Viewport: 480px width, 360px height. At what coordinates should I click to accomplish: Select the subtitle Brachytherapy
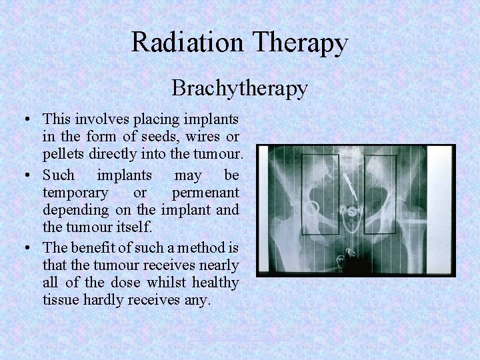pos(239,88)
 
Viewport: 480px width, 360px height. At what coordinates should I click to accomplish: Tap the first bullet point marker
pos(25,120)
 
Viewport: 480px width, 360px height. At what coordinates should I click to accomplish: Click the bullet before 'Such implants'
pos(25,176)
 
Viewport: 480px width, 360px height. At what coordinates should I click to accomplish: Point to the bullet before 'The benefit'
pos(25,248)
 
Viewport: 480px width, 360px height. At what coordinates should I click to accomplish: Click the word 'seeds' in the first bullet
pos(156,137)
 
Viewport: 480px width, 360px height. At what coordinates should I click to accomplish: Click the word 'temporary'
pos(75,193)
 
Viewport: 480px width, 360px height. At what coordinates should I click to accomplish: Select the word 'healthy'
pos(215,283)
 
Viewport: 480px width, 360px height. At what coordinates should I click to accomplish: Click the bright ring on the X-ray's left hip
pos(311,209)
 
